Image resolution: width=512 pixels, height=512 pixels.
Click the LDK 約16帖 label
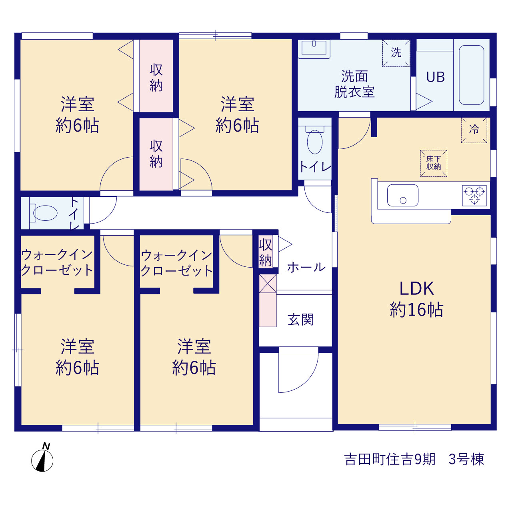tap(416, 299)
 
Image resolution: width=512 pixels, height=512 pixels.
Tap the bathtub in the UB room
tap(471, 75)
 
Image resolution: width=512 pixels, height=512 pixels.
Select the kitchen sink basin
tap(402, 195)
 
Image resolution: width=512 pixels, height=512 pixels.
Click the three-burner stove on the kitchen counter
tap(474, 195)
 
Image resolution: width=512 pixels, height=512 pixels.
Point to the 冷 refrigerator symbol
tap(474, 130)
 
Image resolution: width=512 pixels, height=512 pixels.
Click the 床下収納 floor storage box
tap(433, 163)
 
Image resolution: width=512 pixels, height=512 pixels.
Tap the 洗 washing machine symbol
tap(396, 53)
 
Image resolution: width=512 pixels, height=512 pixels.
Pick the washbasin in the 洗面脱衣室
tap(314, 49)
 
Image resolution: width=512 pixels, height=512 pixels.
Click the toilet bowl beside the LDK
tap(314, 141)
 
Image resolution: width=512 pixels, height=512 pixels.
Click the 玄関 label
tap(300, 319)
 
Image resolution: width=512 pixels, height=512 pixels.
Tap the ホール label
tap(306, 267)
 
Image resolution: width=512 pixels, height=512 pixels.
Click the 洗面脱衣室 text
tap(354, 84)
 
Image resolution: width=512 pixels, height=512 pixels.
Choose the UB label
tap(435, 77)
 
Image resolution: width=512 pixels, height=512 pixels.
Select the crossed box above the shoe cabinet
tap(268, 284)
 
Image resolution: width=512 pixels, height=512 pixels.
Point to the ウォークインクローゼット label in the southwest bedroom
tap(57, 262)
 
